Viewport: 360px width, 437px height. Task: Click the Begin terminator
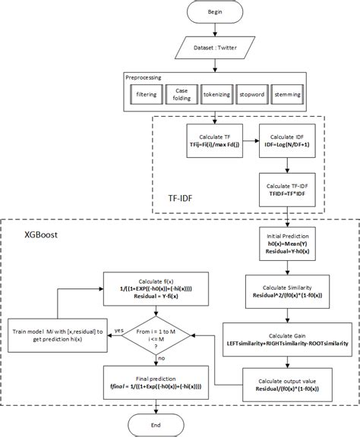point(215,14)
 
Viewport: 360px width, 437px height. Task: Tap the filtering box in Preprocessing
point(146,96)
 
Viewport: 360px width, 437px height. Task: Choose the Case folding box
point(181,96)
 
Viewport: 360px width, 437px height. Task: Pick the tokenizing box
point(216,96)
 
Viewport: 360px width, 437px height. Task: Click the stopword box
point(251,96)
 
